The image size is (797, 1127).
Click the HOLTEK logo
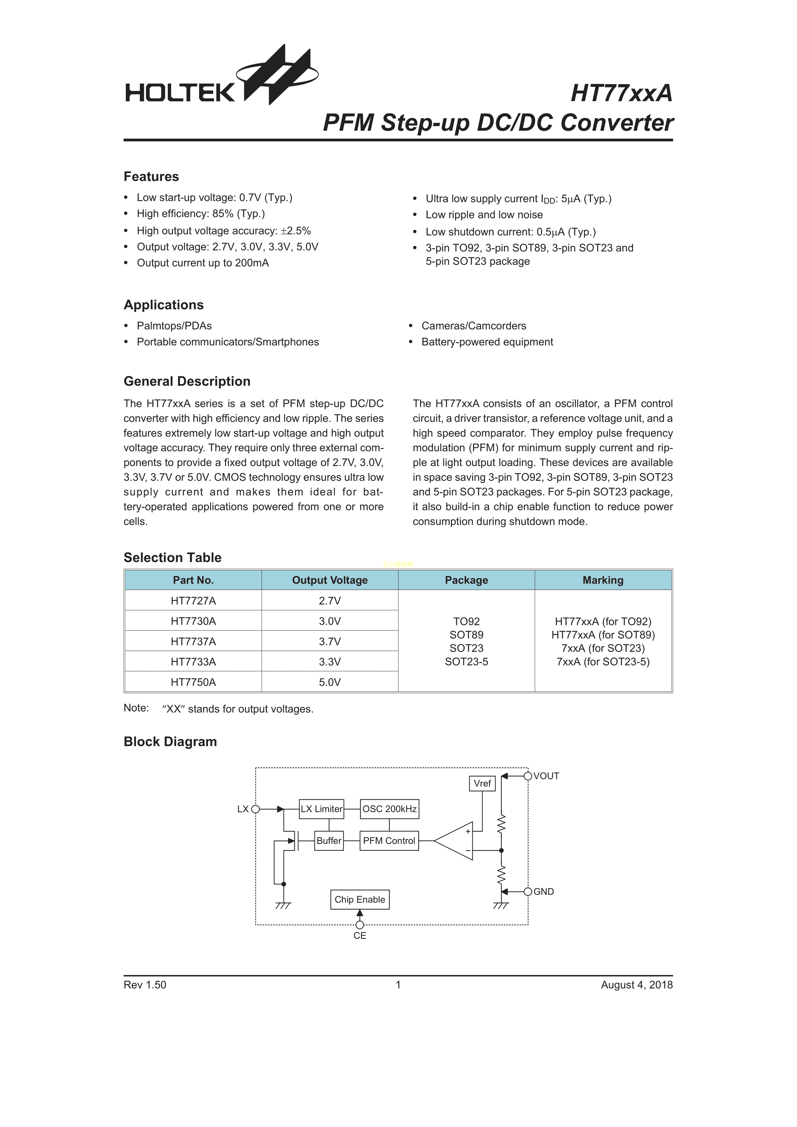(x=221, y=79)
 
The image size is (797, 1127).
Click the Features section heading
(x=151, y=177)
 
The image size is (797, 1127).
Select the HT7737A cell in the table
(x=193, y=642)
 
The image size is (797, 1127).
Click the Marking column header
(x=603, y=580)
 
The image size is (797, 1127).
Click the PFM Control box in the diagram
(x=389, y=841)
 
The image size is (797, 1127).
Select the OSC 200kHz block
(x=390, y=809)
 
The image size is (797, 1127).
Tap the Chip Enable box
(x=360, y=900)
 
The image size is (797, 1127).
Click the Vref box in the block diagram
(x=482, y=783)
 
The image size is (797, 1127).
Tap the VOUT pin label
(x=546, y=776)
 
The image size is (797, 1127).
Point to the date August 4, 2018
(x=636, y=985)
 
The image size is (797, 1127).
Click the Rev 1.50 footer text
(x=145, y=985)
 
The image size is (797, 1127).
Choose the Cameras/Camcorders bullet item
(x=473, y=326)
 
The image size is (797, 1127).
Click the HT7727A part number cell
(x=193, y=601)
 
